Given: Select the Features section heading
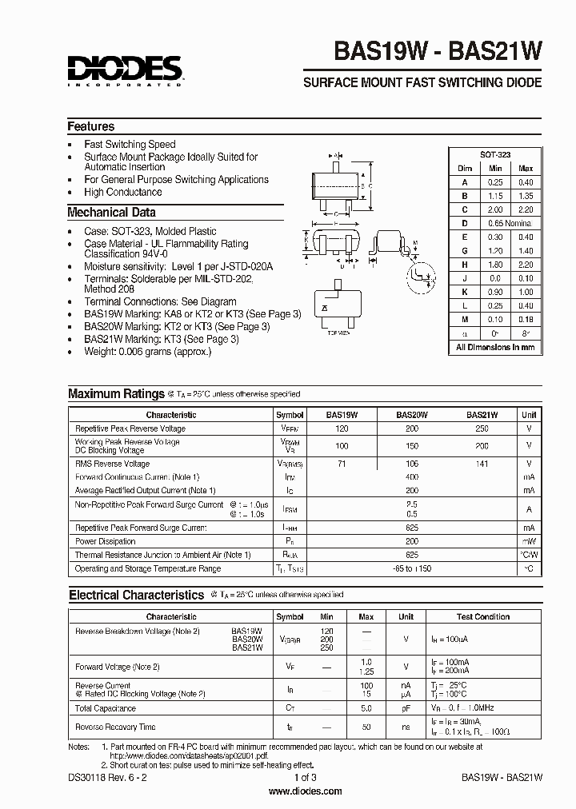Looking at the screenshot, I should tap(90, 126).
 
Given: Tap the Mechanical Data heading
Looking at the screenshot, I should tap(111, 213).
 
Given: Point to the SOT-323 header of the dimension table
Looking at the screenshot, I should tap(495, 154).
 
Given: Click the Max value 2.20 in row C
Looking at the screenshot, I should tap(526, 209).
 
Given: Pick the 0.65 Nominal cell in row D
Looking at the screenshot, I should tap(510, 223).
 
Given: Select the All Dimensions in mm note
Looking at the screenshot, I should tap(495, 347).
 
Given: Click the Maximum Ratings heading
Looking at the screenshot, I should tap(115, 393).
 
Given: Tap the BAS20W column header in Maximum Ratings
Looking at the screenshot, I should tap(412, 415).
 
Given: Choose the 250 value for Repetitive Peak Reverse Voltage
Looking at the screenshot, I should tap(482, 429).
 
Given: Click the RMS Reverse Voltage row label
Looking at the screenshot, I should tap(112, 464).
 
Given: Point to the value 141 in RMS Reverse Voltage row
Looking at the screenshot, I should tap(482, 464).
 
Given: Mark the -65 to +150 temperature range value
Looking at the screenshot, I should tap(412, 568).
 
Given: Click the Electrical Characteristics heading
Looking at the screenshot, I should tap(136, 595).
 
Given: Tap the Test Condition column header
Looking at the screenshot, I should tap(482, 617).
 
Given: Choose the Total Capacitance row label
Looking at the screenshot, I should tap(106, 708).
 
